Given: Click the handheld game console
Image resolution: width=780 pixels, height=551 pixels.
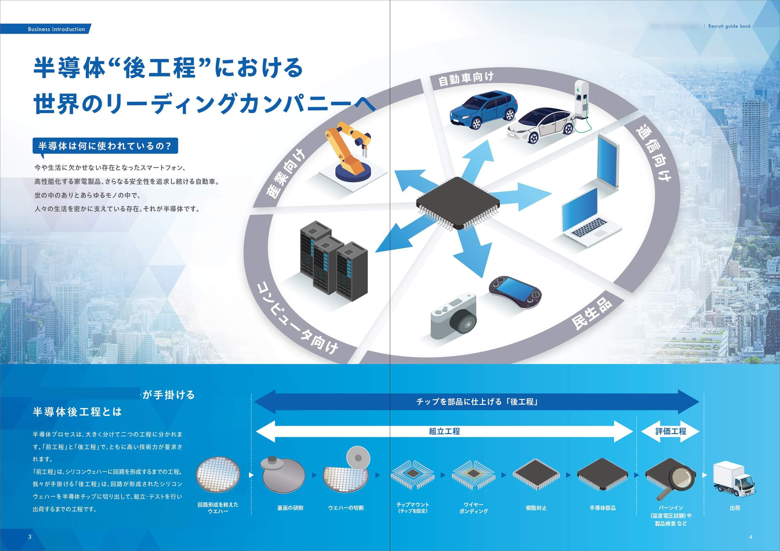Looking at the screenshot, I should [x=515, y=292].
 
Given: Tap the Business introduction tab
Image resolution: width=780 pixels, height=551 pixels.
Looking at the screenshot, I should [x=56, y=29].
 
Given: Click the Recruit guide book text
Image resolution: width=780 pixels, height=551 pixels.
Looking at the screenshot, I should [x=729, y=26].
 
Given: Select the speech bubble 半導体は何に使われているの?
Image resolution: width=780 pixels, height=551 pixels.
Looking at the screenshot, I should [x=105, y=146].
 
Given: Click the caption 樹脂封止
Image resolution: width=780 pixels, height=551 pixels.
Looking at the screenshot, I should [x=536, y=508].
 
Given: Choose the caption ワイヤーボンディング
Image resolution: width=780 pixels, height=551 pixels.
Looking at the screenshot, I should [x=473, y=508].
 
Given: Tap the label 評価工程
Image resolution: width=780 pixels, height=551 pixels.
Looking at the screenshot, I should [x=671, y=432].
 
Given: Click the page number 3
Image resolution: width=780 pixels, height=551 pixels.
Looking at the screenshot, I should [x=30, y=537].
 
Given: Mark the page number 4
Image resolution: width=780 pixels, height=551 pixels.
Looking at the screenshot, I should [x=750, y=537].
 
